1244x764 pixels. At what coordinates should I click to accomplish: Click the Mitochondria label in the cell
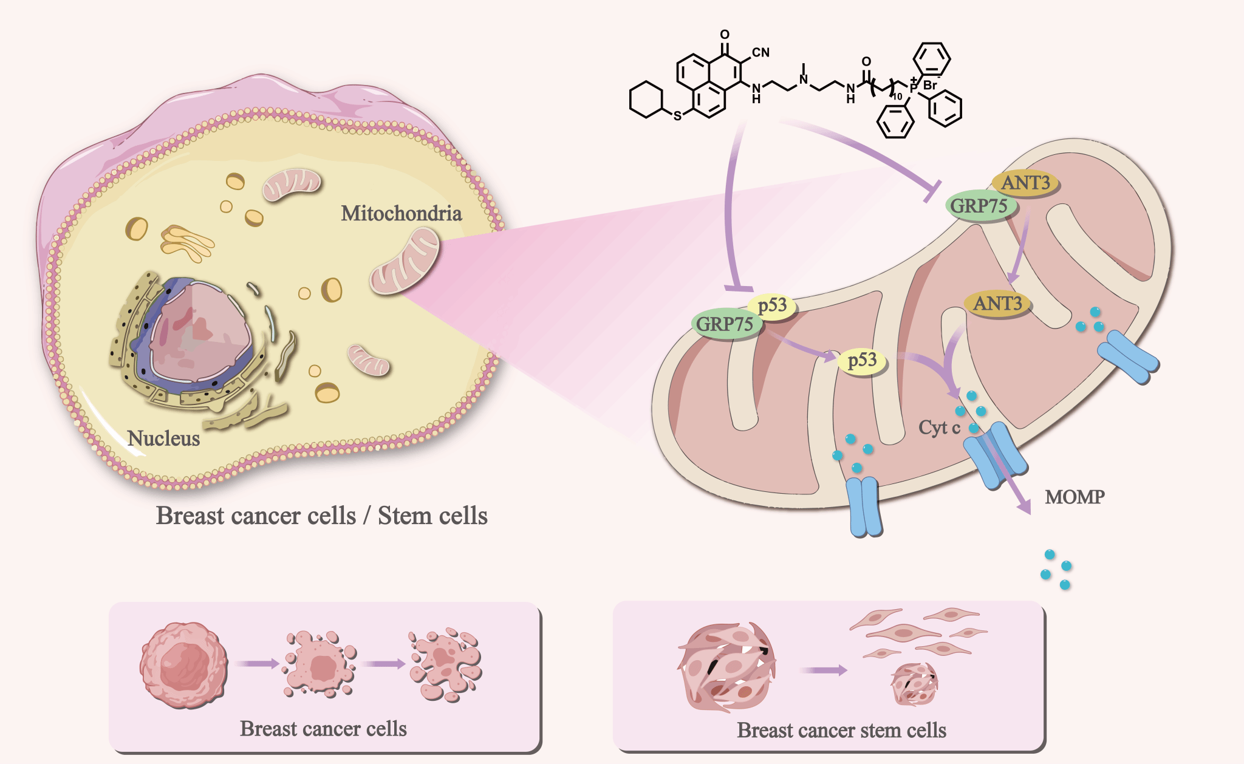click(401, 214)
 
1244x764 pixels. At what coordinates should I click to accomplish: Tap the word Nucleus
click(163, 438)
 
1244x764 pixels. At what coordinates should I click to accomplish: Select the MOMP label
click(1074, 497)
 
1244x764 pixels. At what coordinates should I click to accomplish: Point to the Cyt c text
click(938, 428)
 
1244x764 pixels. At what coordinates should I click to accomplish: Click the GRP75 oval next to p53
click(725, 324)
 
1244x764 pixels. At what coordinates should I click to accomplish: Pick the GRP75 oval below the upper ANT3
click(979, 206)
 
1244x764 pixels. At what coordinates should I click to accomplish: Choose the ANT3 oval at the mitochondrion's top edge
click(1025, 182)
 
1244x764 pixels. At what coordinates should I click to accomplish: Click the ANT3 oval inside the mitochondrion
click(997, 303)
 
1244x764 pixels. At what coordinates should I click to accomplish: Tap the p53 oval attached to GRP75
click(772, 305)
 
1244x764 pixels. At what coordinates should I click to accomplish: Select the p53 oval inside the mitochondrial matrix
click(862, 360)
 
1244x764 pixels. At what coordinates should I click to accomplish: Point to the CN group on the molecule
click(760, 52)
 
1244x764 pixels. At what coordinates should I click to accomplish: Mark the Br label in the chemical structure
click(930, 86)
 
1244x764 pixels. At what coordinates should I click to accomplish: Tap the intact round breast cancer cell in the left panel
click(183, 665)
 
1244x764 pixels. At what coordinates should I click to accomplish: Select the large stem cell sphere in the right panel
click(726, 667)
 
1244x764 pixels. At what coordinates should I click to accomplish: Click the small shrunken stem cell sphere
click(914, 684)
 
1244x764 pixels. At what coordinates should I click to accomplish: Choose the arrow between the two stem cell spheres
click(823, 670)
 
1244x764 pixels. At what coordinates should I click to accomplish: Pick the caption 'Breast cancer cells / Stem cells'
click(321, 516)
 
